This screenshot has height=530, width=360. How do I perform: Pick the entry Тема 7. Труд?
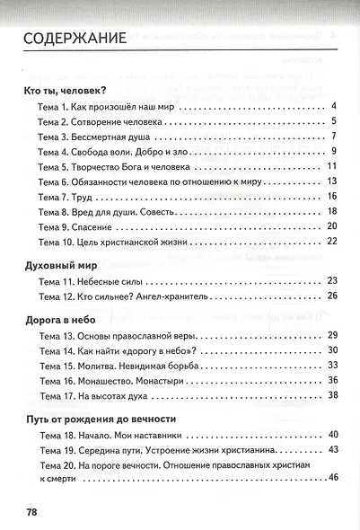[x=66, y=196]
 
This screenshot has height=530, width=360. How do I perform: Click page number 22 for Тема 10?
[x=331, y=240]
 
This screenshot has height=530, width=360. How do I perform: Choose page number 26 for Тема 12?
[x=331, y=296]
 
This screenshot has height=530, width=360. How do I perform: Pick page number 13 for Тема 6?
[x=331, y=181]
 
